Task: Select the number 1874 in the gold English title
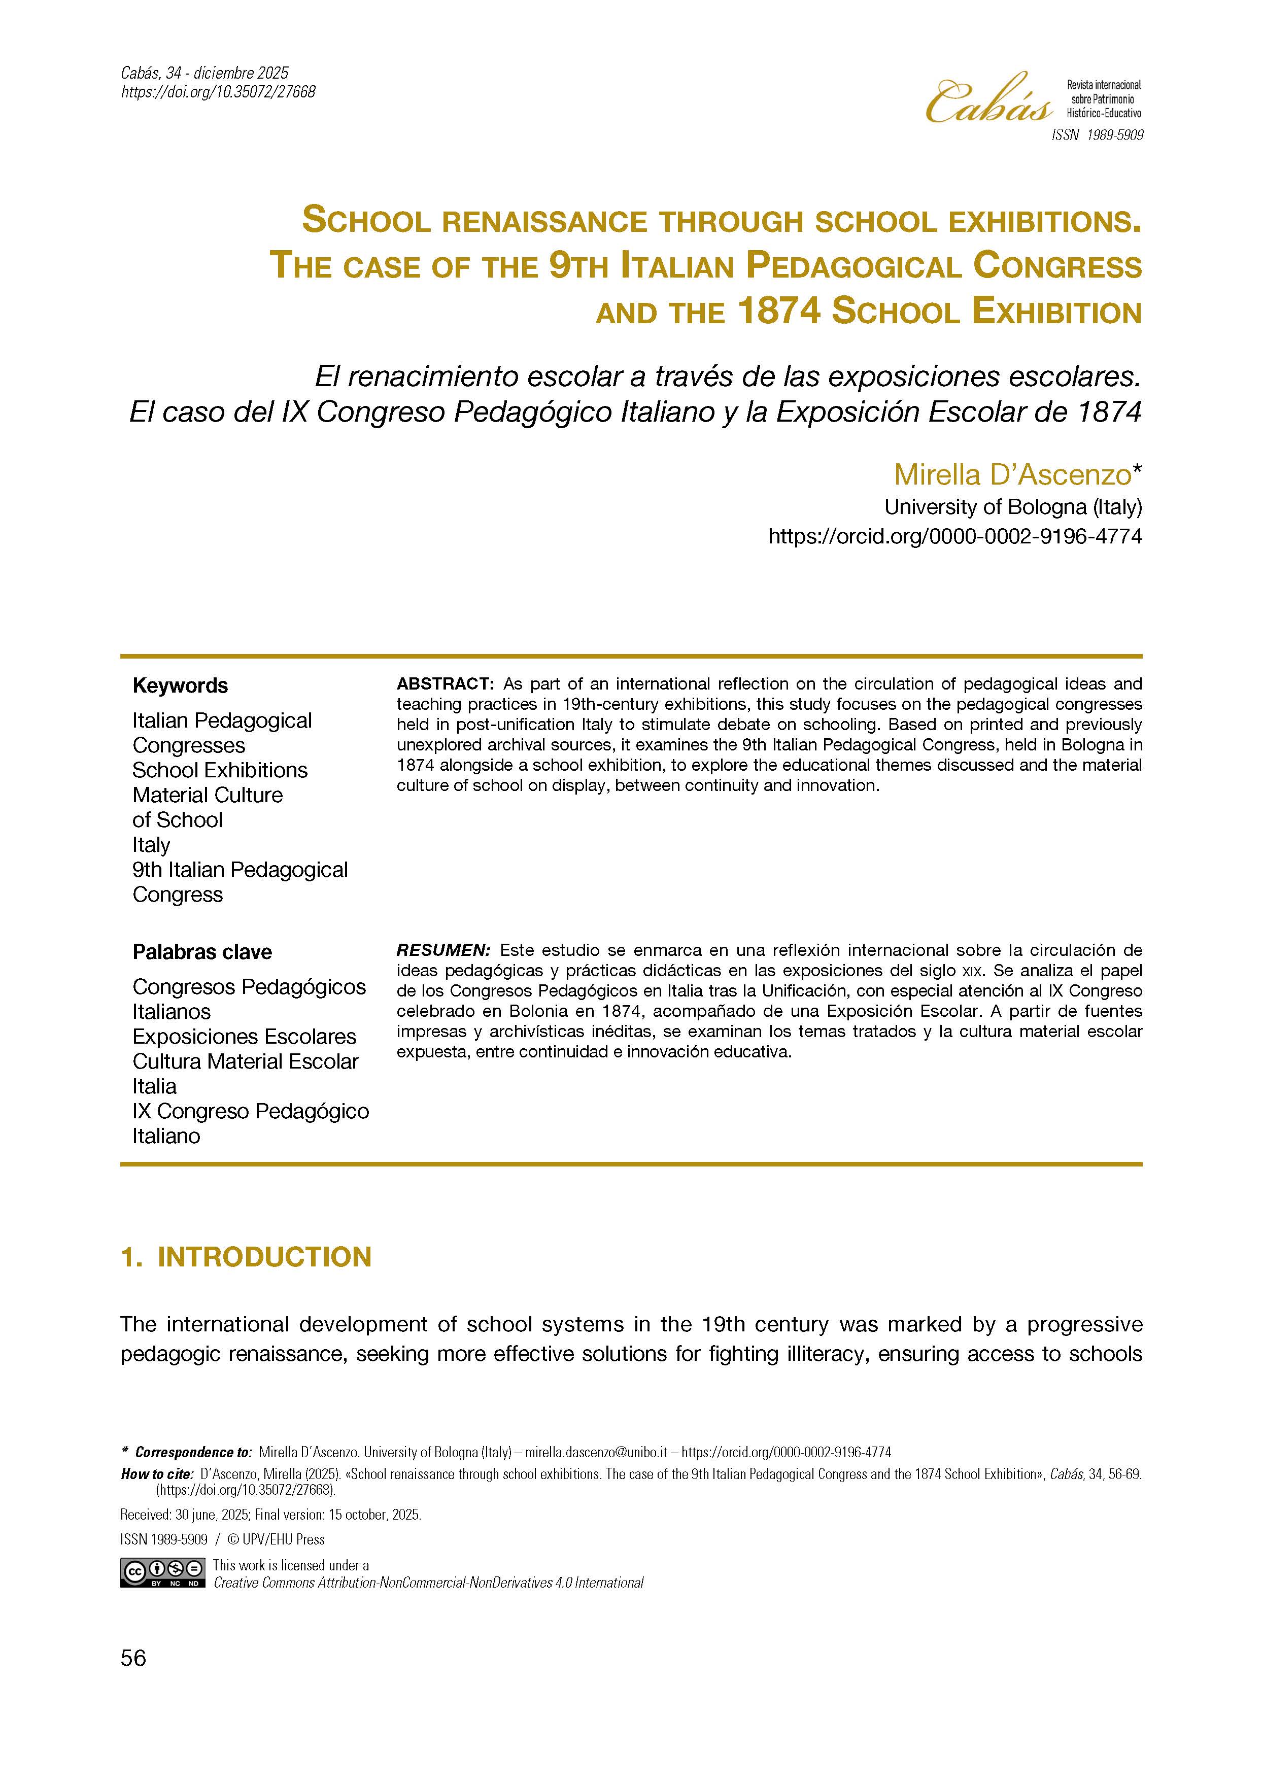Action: pyautogui.click(x=778, y=313)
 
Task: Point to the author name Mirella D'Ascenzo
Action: pyautogui.click(x=1012, y=474)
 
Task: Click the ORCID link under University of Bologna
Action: pyautogui.click(x=954, y=537)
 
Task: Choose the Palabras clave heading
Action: pyautogui.click(x=201, y=952)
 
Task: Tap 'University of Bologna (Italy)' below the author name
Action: pyautogui.click(x=1012, y=507)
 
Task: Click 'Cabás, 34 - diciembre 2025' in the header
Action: pyautogui.click(x=204, y=73)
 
